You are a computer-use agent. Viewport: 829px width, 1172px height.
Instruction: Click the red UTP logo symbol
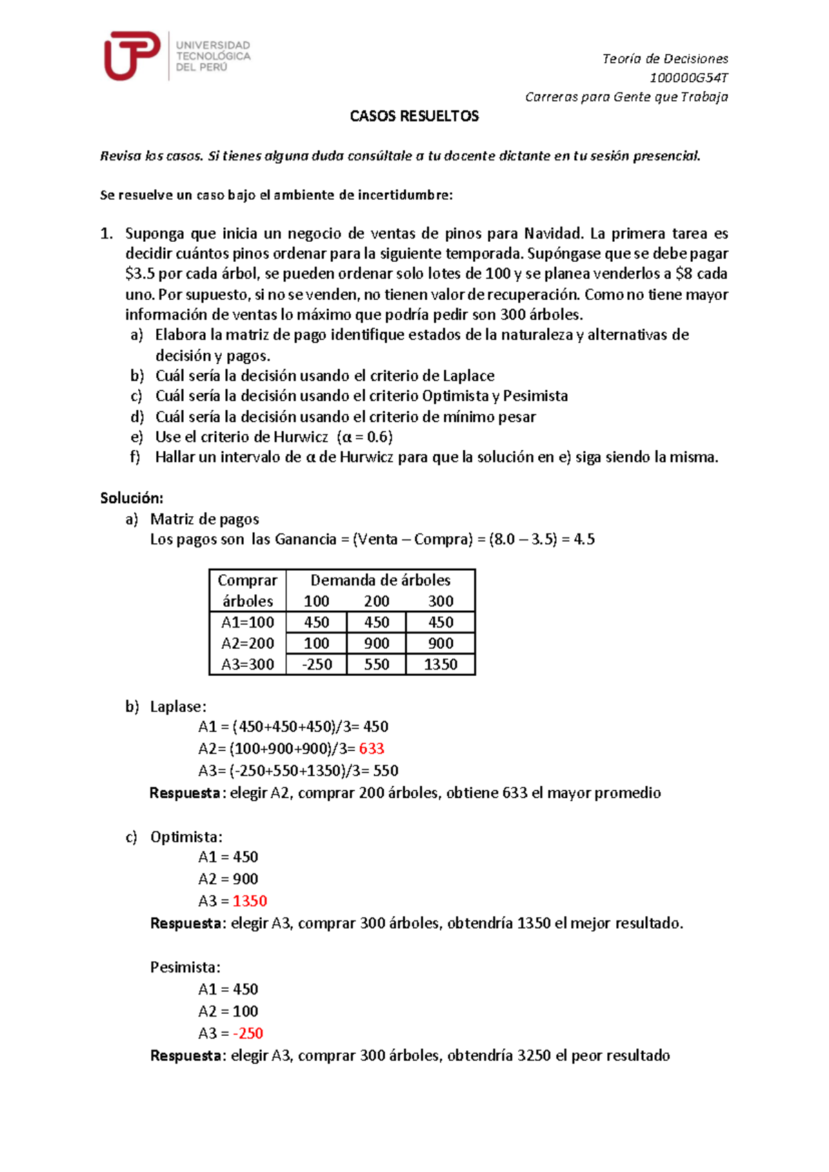(131, 55)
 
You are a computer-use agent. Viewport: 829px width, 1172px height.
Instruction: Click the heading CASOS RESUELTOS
(414, 116)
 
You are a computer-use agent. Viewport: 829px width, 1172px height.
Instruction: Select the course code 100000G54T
(688, 77)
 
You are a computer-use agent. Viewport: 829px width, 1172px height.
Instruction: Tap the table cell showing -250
(316, 665)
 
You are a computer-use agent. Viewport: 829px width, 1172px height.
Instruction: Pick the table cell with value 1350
(440, 665)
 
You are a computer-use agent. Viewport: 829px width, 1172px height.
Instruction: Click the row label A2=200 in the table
(247, 643)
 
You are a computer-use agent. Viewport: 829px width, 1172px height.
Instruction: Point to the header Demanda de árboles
(380, 580)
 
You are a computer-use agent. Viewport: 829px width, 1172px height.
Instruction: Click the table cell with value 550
(377, 665)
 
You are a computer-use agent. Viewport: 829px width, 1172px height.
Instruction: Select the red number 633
(372, 749)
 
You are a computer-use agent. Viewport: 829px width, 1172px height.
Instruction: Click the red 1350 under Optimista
(249, 901)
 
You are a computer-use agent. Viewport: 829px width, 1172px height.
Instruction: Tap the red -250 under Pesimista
(248, 1034)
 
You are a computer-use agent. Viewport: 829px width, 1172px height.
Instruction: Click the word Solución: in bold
(131, 498)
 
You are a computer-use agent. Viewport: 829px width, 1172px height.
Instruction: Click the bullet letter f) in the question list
(135, 457)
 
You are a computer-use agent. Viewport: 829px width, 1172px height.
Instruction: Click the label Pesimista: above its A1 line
(185, 967)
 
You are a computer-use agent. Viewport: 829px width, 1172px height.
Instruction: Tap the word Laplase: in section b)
(178, 707)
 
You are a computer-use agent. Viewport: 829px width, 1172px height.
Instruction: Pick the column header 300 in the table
(440, 601)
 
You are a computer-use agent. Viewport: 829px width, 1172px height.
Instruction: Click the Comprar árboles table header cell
(247, 591)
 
